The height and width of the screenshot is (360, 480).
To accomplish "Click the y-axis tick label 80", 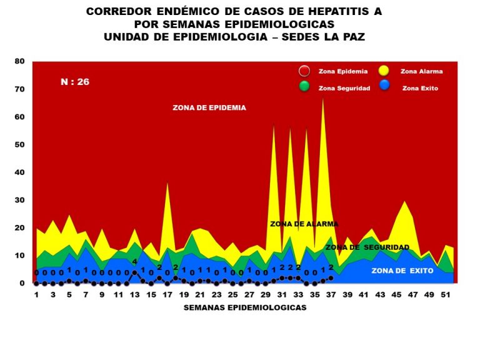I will (x=19, y=61).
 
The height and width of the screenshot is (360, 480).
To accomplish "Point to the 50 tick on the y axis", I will (x=19, y=145).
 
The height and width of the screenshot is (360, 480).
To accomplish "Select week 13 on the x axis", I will (x=134, y=294).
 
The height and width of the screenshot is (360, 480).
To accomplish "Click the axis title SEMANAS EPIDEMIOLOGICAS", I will (x=244, y=307).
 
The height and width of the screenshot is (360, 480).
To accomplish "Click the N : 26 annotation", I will (x=74, y=81).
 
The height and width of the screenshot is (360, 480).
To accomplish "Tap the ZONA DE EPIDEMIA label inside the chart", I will (x=209, y=107).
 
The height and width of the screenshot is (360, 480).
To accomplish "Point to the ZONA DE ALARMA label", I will (x=304, y=224).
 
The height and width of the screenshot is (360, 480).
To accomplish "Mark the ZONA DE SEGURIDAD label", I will (x=367, y=247).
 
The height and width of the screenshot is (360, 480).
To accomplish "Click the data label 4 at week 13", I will (x=134, y=261).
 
